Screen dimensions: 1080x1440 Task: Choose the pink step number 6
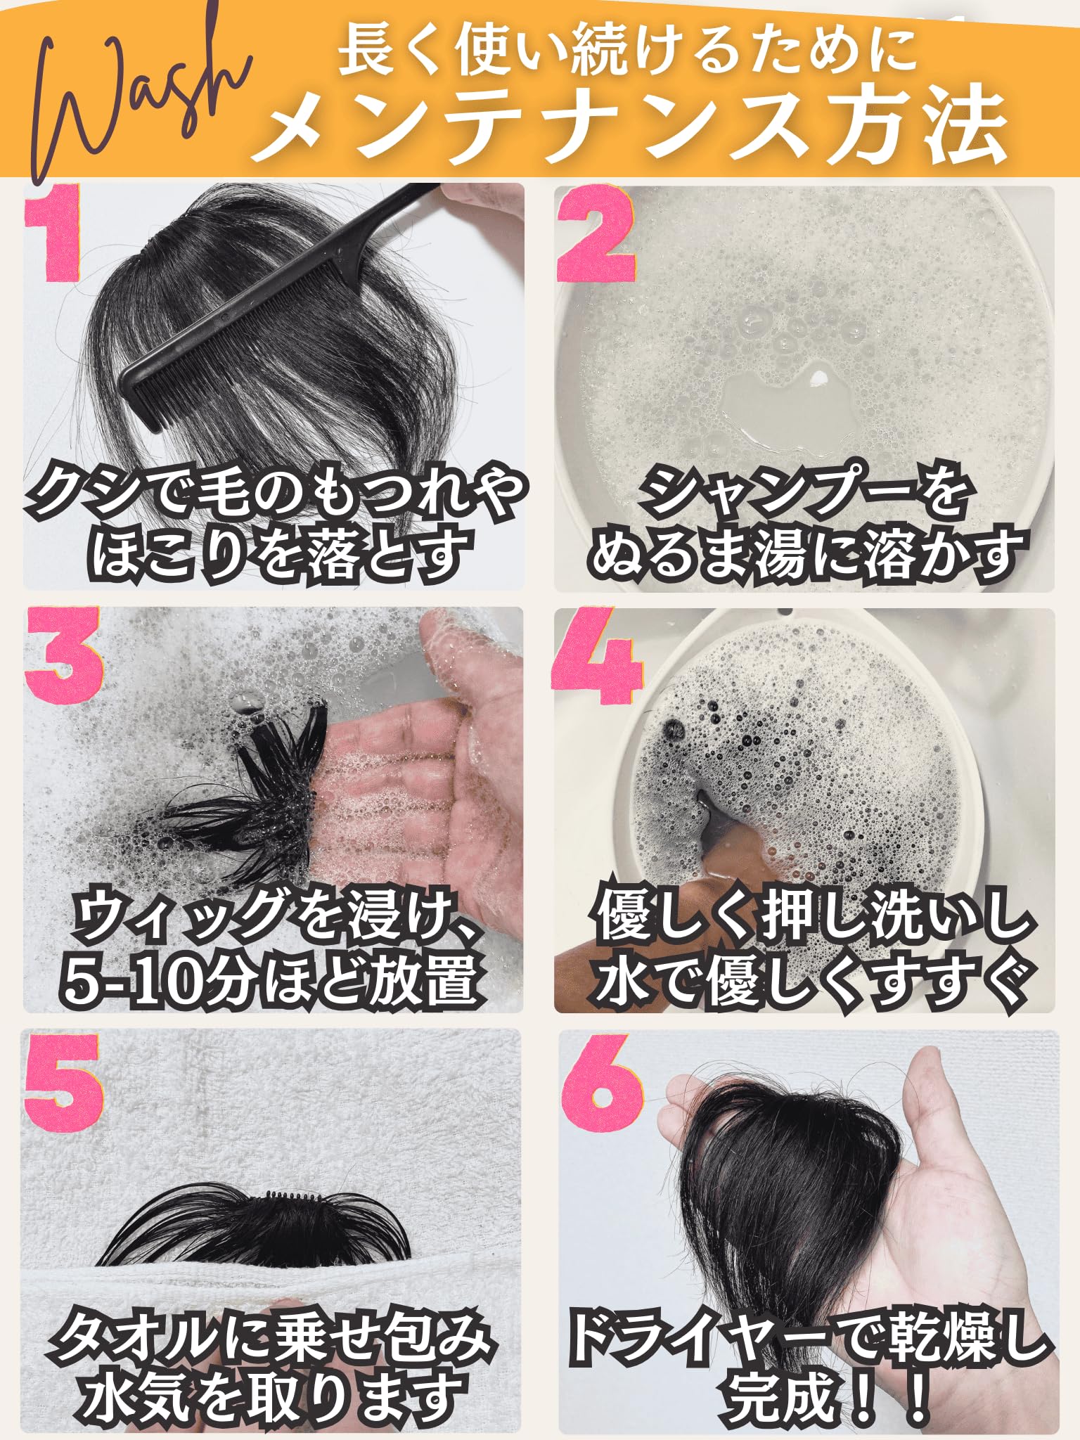(603, 1084)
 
